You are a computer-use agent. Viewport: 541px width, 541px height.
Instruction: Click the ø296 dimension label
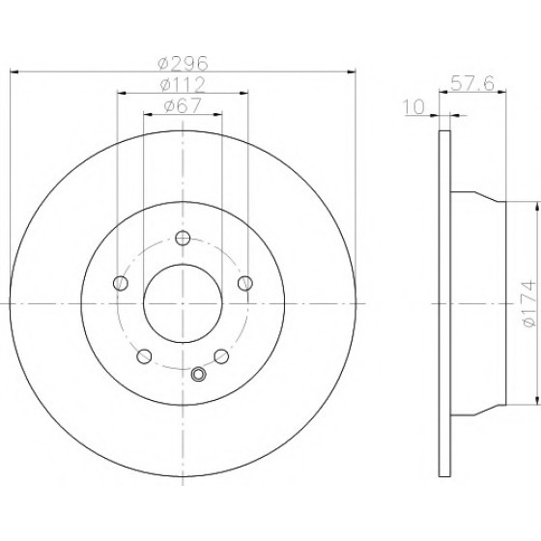click(x=183, y=63)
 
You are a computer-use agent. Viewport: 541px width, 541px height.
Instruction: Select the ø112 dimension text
click(x=183, y=85)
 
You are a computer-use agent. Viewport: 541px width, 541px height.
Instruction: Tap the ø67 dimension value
click(x=183, y=105)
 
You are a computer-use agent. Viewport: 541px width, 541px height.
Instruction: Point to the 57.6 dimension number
click(x=472, y=83)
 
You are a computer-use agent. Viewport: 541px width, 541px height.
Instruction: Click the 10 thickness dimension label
click(x=413, y=107)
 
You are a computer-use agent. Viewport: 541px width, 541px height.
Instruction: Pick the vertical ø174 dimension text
click(x=530, y=303)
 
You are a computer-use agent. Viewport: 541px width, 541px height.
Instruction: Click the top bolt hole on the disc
click(x=183, y=238)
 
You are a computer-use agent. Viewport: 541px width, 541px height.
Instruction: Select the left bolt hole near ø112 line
click(x=121, y=283)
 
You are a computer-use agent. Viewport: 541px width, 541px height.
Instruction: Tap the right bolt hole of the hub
click(x=245, y=283)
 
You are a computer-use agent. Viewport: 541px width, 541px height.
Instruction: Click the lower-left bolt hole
click(x=144, y=356)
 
